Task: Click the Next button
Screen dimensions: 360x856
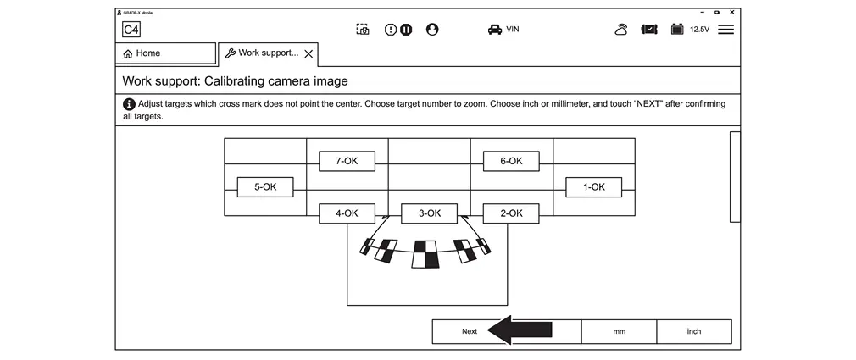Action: coord(470,331)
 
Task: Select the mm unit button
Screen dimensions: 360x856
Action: coord(619,331)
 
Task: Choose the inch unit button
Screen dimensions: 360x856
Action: coord(693,331)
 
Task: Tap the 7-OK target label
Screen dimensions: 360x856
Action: coord(347,161)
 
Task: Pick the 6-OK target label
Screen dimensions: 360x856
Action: coord(511,161)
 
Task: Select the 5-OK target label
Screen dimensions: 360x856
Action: coord(265,187)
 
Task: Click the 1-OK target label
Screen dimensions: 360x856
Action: coord(593,187)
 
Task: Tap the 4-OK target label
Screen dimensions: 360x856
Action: coord(347,213)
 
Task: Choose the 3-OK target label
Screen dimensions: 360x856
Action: coord(429,213)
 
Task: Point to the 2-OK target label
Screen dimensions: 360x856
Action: coord(511,213)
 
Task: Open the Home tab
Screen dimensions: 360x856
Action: coord(165,53)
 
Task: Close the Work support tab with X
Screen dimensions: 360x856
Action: coord(308,53)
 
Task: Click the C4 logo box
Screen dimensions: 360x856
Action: coord(131,30)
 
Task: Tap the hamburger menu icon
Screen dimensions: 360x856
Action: coord(725,30)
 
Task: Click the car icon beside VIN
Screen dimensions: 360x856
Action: coord(494,30)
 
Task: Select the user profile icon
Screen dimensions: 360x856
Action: coord(432,30)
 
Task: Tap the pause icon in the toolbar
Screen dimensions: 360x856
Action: coord(406,30)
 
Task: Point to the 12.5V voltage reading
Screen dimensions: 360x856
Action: coord(699,30)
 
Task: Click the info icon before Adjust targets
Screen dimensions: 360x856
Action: coord(129,104)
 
